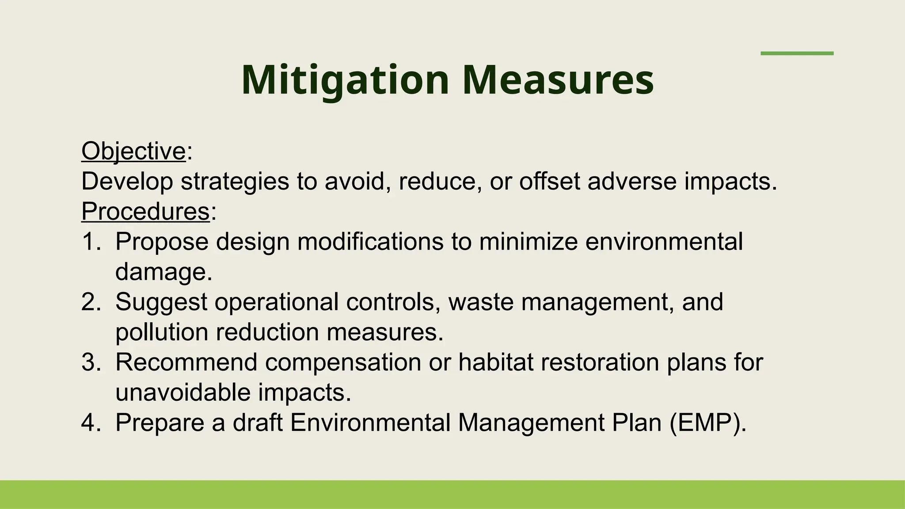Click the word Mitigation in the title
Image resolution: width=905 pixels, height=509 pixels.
click(345, 80)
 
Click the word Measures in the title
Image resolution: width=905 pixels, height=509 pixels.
click(558, 80)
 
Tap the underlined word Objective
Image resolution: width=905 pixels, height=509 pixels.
click(133, 151)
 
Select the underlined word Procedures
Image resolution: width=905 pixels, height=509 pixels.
click(145, 211)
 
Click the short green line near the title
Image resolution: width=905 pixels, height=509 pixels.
click(797, 53)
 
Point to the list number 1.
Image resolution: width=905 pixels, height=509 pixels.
click(91, 242)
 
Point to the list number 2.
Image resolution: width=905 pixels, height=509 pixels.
click(91, 302)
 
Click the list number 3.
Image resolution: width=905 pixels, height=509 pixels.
click(91, 362)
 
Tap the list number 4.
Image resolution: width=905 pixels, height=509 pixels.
click(91, 422)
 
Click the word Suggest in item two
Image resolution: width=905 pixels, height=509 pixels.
click(161, 302)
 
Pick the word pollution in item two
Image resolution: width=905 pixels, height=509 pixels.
click(162, 332)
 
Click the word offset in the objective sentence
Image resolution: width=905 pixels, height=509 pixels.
click(549, 181)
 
